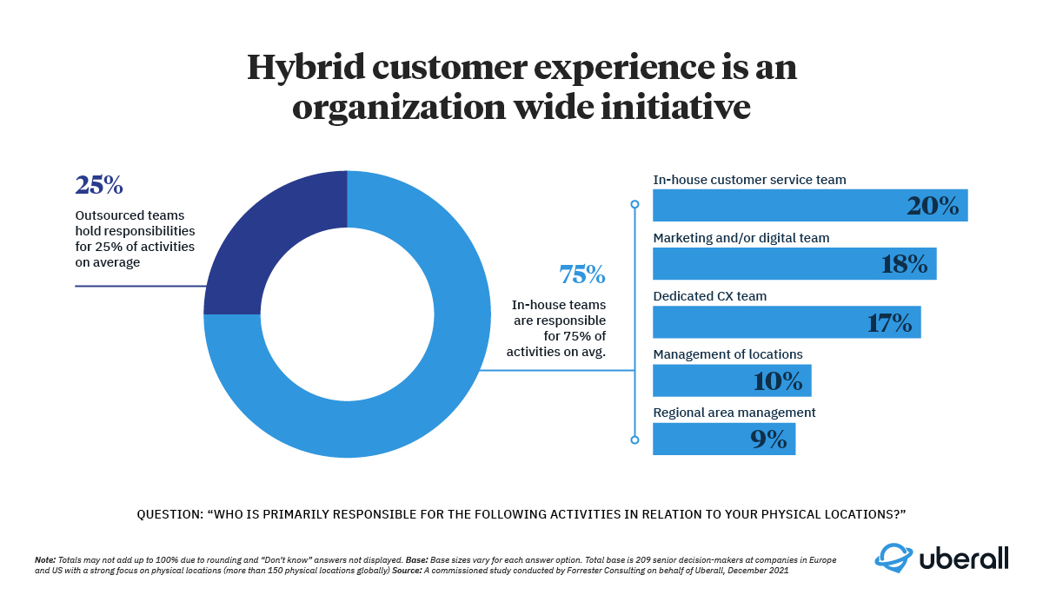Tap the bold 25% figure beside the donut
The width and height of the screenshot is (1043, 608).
pyautogui.click(x=99, y=185)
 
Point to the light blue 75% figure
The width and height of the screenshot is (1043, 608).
pyautogui.click(x=582, y=274)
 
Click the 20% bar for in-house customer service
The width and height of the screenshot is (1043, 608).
pyautogui.click(x=809, y=206)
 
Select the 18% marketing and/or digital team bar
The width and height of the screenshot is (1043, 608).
pyautogui.click(x=794, y=264)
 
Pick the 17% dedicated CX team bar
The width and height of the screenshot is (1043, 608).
pyautogui.click(x=786, y=322)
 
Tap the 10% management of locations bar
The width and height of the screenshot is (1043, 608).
pyautogui.click(x=731, y=380)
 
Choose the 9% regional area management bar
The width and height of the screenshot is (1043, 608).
pyautogui.click(x=723, y=439)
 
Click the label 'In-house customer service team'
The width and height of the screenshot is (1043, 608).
pyautogui.click(x=749, y=180)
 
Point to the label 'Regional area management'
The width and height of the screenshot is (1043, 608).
pyautogui.click(x=734, y=413)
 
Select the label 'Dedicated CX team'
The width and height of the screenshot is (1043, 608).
pyautogui.click(x=709, y=296)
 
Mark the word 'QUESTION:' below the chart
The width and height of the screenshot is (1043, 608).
pyautogui.click(x=169, y=514)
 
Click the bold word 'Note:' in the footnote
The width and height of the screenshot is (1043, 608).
pyautogui.click(x=44, y=560)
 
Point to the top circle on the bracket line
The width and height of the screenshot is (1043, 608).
pyautogui.click(x=634, y=204)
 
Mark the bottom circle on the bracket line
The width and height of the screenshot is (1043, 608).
pyautogui.click(x=634, y=440)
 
